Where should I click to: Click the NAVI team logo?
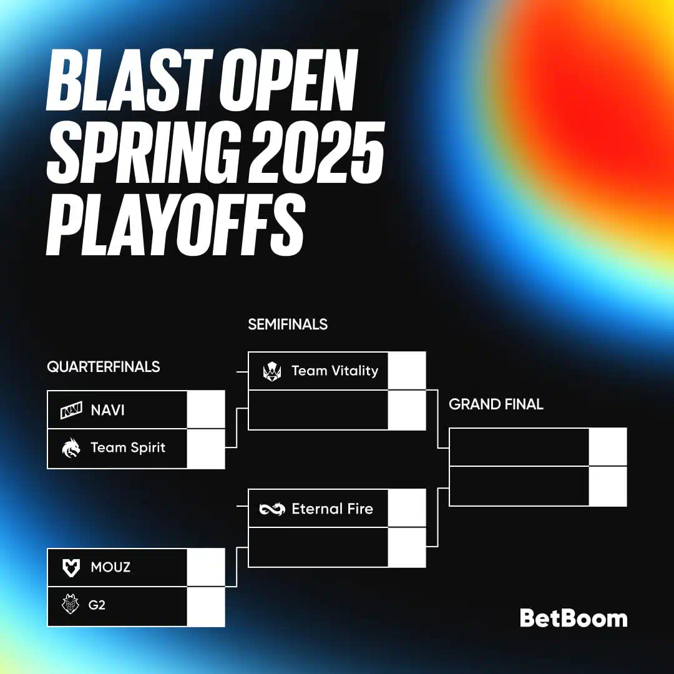click(x=71, y=410)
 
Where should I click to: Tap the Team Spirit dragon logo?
click(x=71, y=448)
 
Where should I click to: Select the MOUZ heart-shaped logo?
click(x=71, y=568)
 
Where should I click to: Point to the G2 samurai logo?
click(x=71, y=604)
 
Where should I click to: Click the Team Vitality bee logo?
click(x=272, y=371)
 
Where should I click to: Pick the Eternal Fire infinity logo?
click(x=272, y=509)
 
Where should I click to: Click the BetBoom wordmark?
click(x=574, y=618)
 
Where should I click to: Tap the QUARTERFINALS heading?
click(x=103, y=367)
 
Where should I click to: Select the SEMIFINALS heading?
click(x=288, y=324)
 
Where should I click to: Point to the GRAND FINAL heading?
click(x=496, y=404)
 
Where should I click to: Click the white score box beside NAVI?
click(x=206, y=409)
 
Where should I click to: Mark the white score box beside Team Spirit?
click(x=206, y=449)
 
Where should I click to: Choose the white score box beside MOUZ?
click(x=206, y=567)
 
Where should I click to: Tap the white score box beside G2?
click(x=206, y=607)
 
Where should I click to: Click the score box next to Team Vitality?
click(x=407, y=371)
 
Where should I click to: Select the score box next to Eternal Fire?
click(x=407, y=507)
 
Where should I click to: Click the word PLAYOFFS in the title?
click(x=176, y=224)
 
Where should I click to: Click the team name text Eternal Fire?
click(x=332, y=509)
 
